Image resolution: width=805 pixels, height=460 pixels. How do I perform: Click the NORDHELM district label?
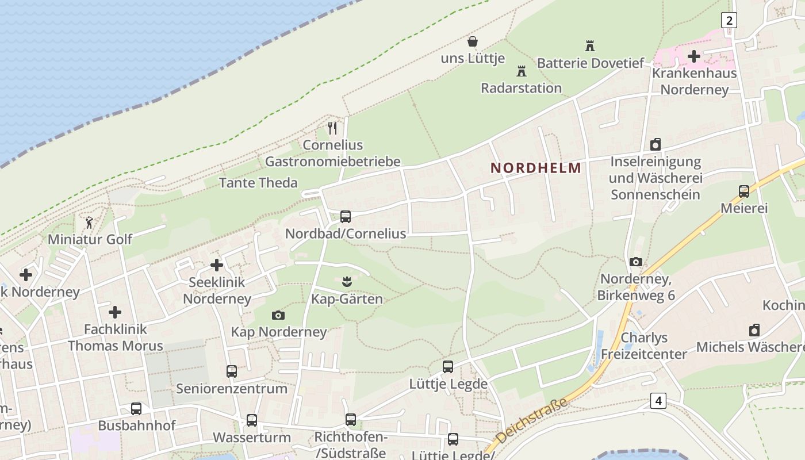coord(535,168)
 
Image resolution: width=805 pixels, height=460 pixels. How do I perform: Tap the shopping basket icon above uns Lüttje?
coord(473,41)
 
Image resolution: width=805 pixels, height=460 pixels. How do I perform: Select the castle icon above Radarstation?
coord(522,71)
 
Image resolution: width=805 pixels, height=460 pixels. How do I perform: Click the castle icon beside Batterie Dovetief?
coord(589,45)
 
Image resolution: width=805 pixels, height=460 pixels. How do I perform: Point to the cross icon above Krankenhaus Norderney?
coord(694,56)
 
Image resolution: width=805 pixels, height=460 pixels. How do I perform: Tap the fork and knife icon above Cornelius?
coord(332,128)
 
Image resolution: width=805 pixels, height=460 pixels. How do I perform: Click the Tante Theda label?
coord(258,183)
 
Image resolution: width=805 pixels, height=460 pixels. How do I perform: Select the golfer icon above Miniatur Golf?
coord(89,223)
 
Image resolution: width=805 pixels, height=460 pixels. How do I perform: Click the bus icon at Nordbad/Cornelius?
coord(346,217)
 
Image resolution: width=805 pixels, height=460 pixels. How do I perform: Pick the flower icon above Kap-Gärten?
coord(346,282)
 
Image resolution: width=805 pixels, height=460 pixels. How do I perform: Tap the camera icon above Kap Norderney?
coord(278,315)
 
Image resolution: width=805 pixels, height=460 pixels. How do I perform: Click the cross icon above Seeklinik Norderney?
coord(217,265)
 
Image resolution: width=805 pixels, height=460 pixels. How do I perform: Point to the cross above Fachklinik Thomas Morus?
coord(115,312)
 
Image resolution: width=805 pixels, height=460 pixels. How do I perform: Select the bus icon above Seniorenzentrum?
coord(232,371)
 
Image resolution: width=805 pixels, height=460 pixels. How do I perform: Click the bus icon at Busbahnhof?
coord(136,409)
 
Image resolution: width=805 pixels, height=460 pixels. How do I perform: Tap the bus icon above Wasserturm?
coord(252,420)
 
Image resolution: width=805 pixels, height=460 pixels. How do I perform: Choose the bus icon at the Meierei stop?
coord(744,191)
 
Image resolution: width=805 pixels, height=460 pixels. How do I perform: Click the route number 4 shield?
coord(658,400)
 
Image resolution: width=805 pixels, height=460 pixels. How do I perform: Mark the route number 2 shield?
coord(729,21)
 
